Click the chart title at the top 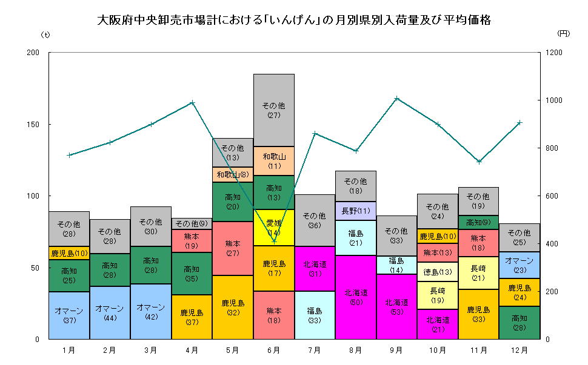(294, 21)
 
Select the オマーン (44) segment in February (110, 312)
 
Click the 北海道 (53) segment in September (396, 306)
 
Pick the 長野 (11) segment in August (356, 211)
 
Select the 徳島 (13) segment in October (437, 272)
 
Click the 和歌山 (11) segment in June (274, 161)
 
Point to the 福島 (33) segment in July (315, 315)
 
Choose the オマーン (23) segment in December (519, 265)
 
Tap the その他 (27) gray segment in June (274, 110)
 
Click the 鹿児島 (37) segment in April (192, 317)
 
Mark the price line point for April (192, 102)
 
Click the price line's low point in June (274, 241)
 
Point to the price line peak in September (396, 97)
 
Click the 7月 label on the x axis (315, 350)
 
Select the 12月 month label (519, 350)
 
